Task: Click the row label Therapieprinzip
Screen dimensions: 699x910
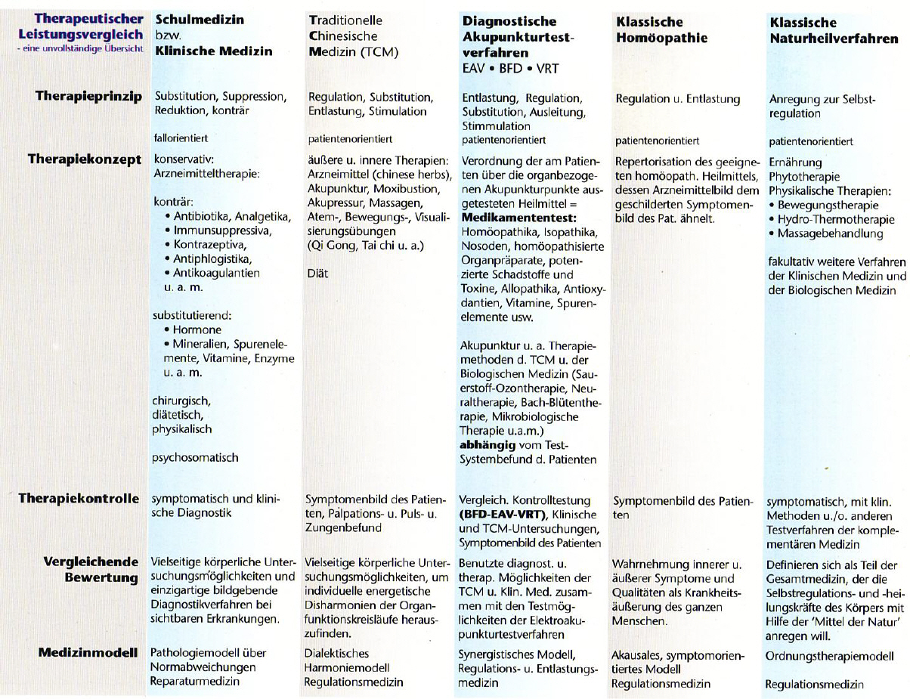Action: [88, 97]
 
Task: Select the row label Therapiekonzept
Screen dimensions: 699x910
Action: [85, 159]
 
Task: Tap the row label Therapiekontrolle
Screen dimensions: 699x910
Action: [79, 498]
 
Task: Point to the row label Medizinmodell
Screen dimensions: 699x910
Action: [88, 653]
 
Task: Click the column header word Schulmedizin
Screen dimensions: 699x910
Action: [200, 21]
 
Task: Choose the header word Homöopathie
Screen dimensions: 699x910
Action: [661, 37]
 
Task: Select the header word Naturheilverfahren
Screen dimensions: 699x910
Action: [834, 38]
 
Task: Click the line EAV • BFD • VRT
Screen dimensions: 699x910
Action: [511, 68]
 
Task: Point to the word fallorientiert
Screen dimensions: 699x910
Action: [181, 138]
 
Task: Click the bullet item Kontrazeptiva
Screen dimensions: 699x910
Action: [209, 244]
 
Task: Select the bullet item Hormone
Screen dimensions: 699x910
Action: [197, 330]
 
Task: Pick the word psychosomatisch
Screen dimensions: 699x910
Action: [195, 457]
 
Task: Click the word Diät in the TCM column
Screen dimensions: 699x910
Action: [318, 274]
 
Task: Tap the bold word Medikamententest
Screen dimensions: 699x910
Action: [513, 217]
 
